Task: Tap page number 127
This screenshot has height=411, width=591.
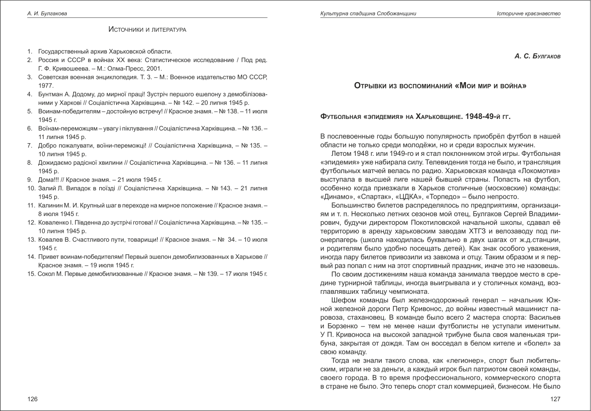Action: click(555, 399)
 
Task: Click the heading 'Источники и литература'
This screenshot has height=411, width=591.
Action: click(147, 29)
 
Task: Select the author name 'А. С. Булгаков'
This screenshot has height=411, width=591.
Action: click(537, 56)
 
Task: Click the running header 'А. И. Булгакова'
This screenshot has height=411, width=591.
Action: click(47, 14)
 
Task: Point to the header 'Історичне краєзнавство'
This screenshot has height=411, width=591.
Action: click(528, 14)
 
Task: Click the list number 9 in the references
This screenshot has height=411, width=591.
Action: click(29, 179)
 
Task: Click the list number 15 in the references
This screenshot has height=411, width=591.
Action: click(31, 273)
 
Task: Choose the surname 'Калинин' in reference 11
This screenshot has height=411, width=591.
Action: click(52, 205)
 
